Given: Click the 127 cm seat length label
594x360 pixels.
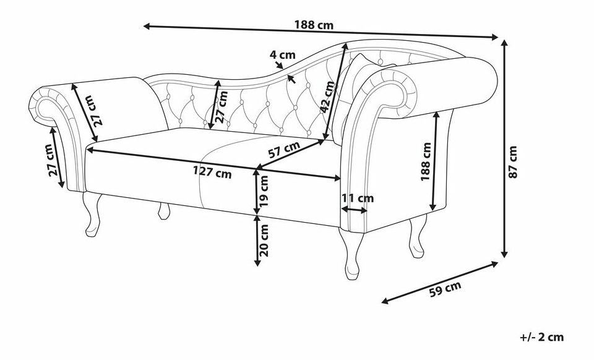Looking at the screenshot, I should tap(212, 173).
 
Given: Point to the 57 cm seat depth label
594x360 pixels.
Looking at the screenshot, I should tap(285, 149).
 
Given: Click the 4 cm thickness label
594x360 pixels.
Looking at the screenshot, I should tap(282, 54).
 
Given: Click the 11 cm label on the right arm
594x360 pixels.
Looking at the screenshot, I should tap(358, 199).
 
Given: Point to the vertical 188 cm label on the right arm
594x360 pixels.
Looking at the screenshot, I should tap(426, 162).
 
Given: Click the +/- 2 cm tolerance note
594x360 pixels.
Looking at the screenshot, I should tap(542, 337).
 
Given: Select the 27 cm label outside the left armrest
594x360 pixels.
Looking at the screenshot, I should tap(54, 160).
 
